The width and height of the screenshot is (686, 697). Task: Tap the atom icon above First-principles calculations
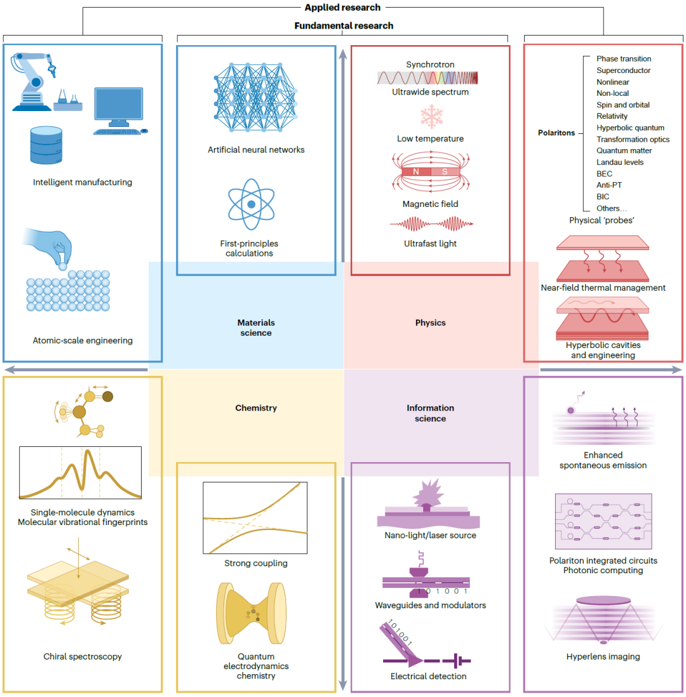click(251, 204)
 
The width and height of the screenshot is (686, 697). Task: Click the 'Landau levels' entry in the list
click(619, 162)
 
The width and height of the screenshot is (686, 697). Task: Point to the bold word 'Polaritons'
click(556, 133)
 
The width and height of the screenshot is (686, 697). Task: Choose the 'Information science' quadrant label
click(430, 413)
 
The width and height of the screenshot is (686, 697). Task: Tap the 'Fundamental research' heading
click(344, 26)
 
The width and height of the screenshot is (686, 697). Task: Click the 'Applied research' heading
click(342, 8)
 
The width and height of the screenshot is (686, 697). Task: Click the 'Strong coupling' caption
click(255, 563)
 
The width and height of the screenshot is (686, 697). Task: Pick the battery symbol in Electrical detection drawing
click(457, 661)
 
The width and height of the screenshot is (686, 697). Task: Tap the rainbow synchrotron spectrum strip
click(427, 77)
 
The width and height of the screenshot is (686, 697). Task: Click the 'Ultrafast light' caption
click(430, 243)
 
